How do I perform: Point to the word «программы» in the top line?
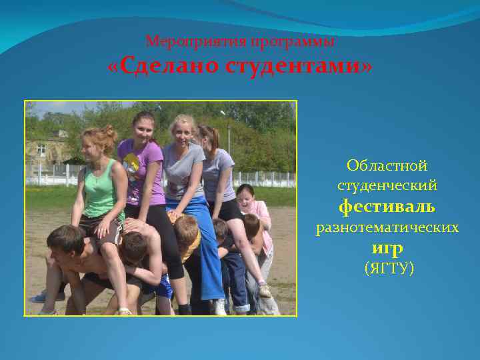(x=293, y=41)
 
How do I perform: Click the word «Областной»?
(x=387, y=165)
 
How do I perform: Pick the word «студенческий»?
(x=387, y=185)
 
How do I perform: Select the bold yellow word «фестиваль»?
(x=387, y=207)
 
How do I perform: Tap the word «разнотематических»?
(x=387, y=228)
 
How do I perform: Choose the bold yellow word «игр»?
(x=387, y=248)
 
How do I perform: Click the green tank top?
(x=101, y=190)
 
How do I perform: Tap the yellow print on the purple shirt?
(x=132, y=163)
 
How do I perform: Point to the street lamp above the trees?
(x=223, y=114)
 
